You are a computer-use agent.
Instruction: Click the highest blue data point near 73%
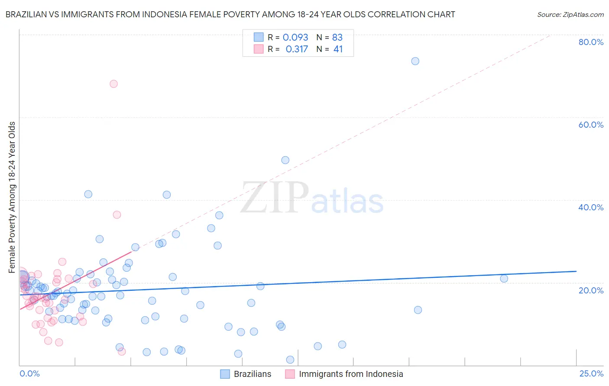coord(415,61)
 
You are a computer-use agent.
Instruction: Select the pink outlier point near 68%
coord(113,84)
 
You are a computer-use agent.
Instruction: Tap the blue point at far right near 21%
coord(504,279)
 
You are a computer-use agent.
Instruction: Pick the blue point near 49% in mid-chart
coord(285,160)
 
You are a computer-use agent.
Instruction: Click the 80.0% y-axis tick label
coord(591,42)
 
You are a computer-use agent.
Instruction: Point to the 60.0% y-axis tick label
coord(591,125)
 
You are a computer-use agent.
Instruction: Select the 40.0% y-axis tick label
coord(591,207)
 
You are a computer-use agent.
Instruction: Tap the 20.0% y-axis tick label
coord(591,290)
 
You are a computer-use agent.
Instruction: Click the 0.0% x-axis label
coord(29,373)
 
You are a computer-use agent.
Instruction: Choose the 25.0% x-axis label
coord(591,373)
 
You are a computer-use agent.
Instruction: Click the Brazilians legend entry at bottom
coord(252,374)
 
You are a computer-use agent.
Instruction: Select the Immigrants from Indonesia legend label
coord(351,374)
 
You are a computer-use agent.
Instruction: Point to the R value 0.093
coord(295,38)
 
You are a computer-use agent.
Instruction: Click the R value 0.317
coord(297,49)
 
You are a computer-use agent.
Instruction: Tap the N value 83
coord(337,38)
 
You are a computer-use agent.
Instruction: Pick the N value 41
coord(338,49)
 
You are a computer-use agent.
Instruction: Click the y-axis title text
coord(12,197)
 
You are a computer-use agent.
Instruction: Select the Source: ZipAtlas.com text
coord(570,15)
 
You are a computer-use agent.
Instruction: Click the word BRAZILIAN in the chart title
coord(30,15)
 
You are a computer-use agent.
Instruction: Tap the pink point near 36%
coord(117,215)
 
